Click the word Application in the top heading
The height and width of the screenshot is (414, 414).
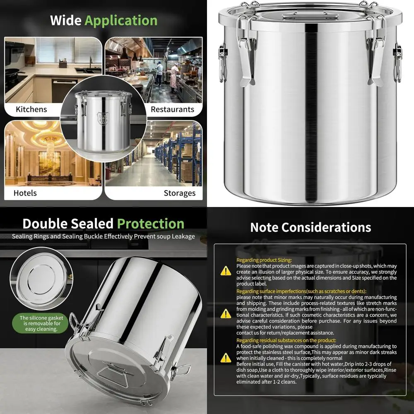[121, 21]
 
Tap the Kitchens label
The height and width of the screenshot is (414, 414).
[31, 110]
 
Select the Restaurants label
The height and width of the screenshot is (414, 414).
[172, 110]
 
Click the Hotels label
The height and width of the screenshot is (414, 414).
[25, 193]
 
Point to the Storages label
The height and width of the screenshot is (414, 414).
[179, 193]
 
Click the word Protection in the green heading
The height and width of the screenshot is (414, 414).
[151, 224]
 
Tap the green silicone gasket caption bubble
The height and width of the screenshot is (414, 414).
[40, 323]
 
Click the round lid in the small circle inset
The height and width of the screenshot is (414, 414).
[41, 278]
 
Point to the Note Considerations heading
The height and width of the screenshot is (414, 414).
[310, 227]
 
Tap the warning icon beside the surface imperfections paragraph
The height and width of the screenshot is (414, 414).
[226, 313]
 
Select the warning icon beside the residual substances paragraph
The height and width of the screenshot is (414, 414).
[226, 357]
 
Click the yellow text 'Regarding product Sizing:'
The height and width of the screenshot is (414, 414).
[264, 260]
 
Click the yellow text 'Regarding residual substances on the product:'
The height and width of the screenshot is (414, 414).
[286, 340]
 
